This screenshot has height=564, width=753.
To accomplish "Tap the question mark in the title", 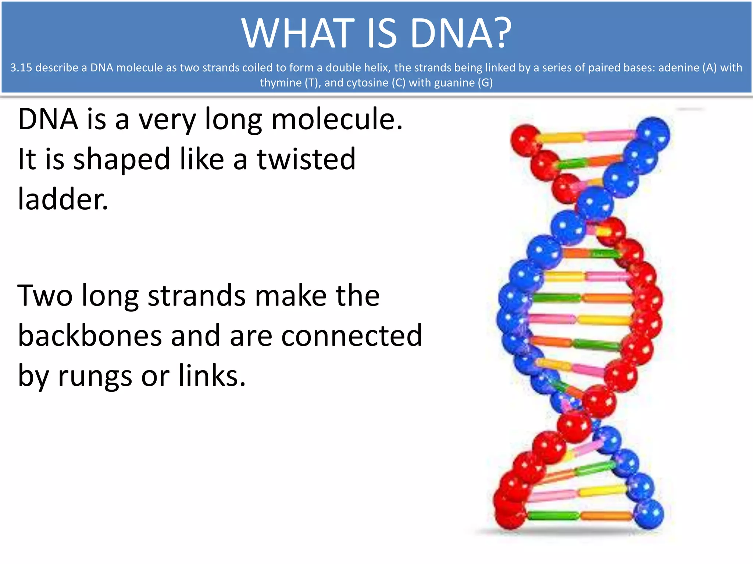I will tap(499, 34).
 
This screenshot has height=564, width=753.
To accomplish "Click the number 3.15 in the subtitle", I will tap(21, 68).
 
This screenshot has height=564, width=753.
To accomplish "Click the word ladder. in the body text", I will tap(63, 199).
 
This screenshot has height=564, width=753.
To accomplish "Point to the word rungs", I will tap(95, 376).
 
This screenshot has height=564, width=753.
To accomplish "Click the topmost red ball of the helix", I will tap(525, 140).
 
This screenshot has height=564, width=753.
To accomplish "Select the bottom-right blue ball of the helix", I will tap(649, 513).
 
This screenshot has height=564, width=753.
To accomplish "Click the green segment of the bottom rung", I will tap(553, 515).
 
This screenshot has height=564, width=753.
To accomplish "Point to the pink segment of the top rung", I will tap(609, 136).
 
